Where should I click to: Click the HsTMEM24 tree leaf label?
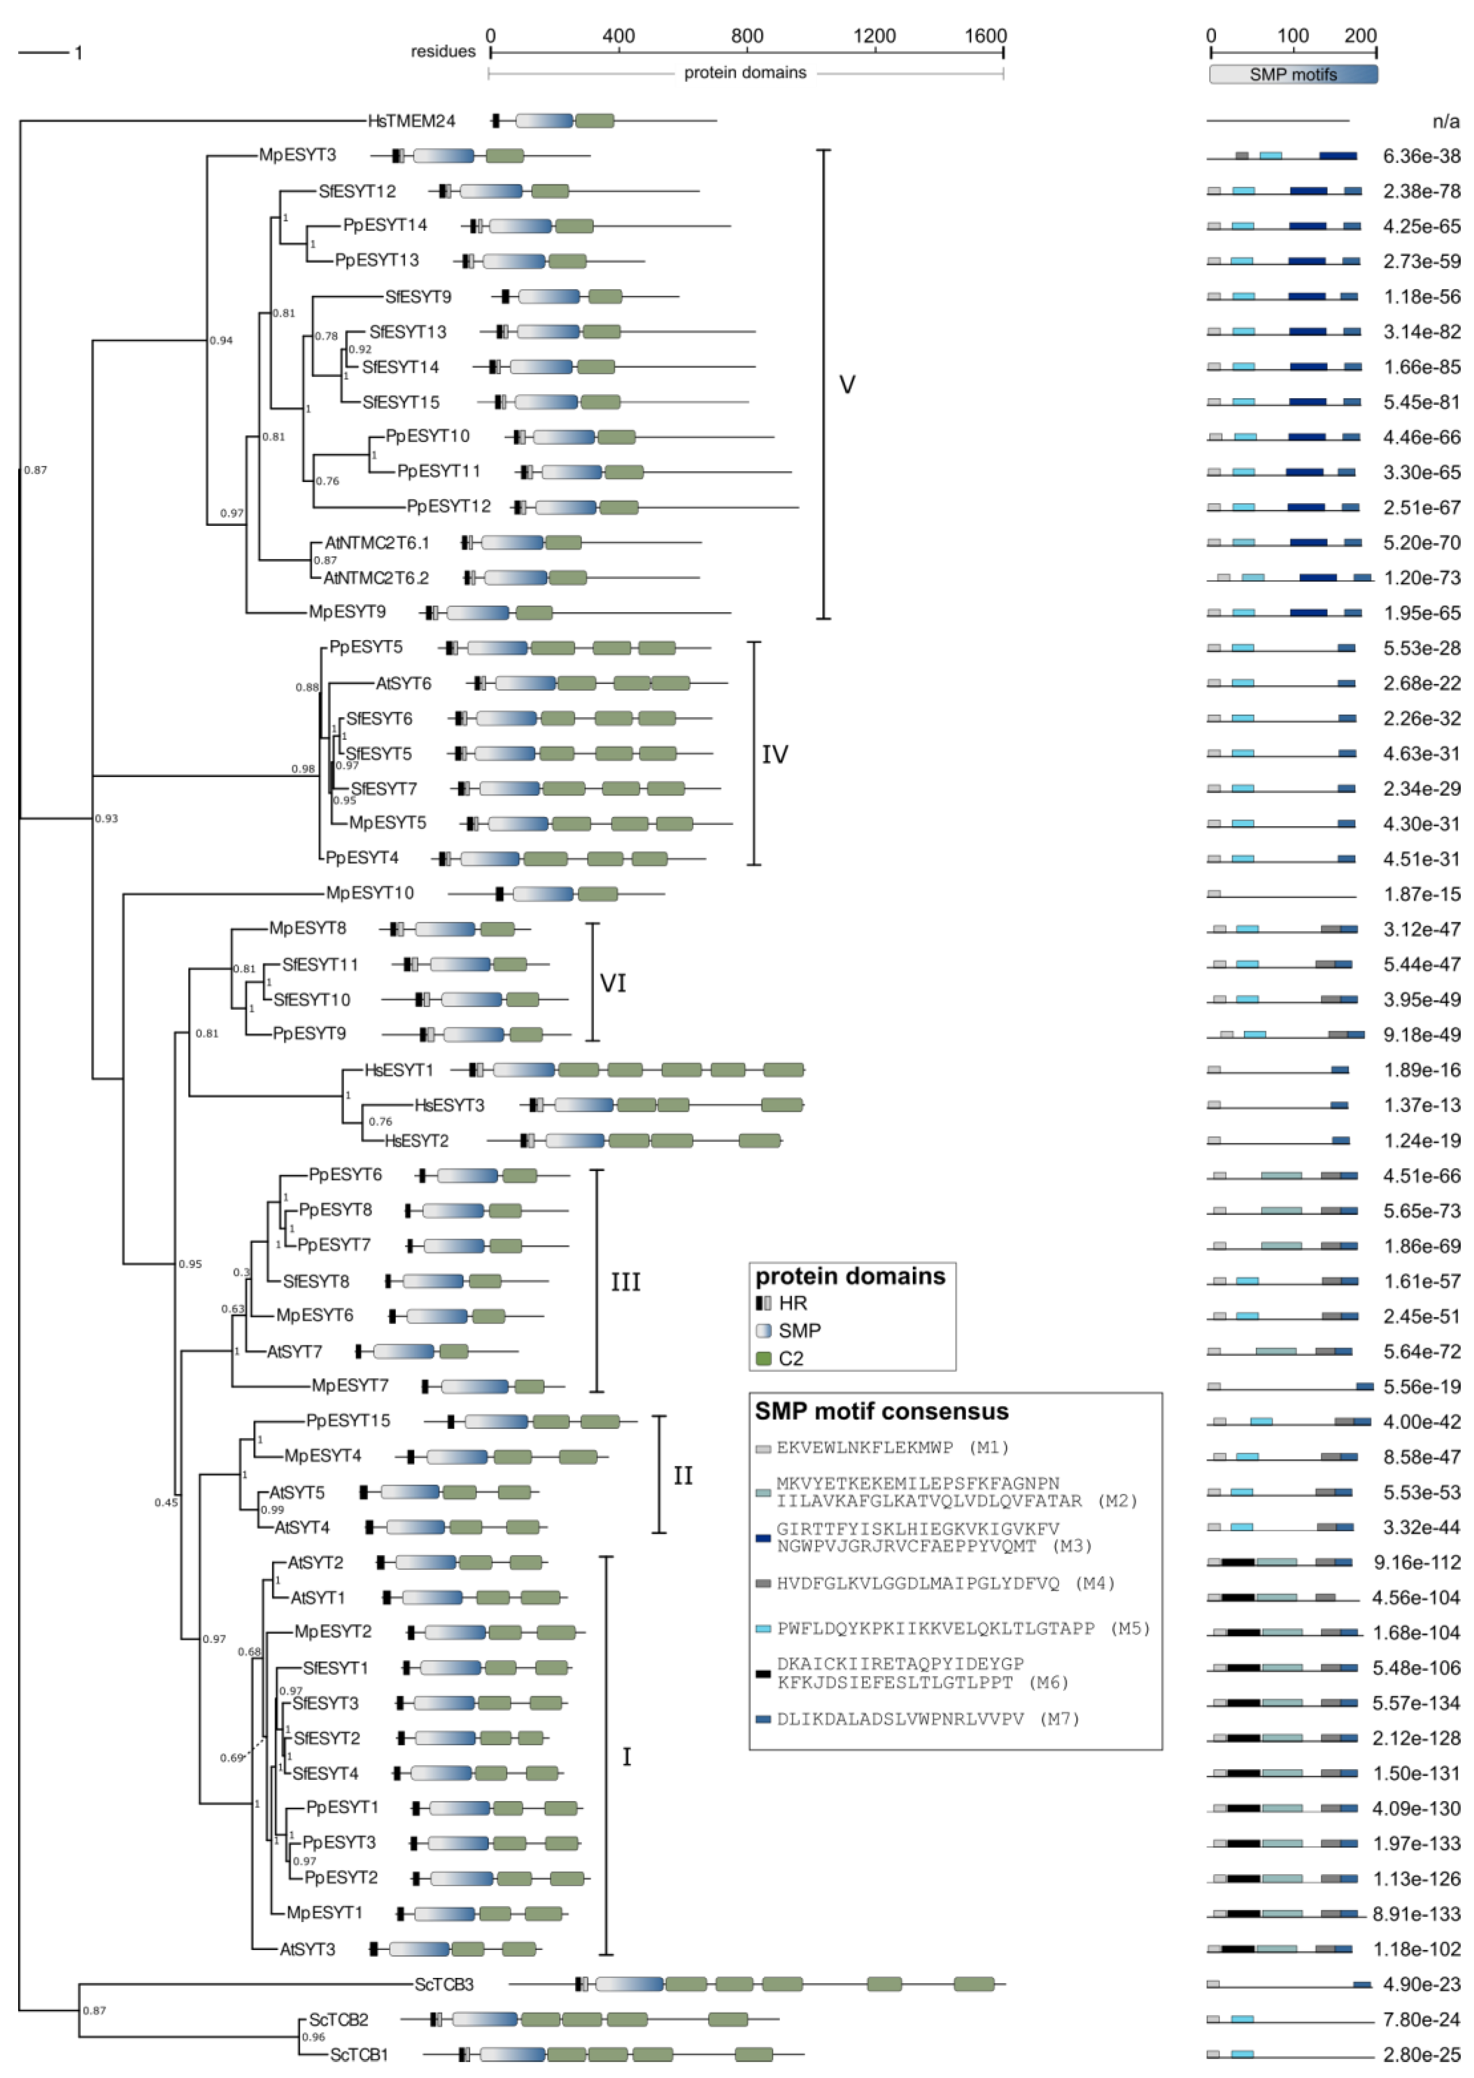click(411, 121)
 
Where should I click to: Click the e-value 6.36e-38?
click(1421, 156)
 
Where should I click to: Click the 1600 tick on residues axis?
click(985, 36)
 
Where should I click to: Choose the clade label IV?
click(774, 754)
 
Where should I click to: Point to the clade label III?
click(625, 1282)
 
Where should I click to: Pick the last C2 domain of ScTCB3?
click(974, 1985)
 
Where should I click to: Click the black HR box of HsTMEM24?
click(496, 121)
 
